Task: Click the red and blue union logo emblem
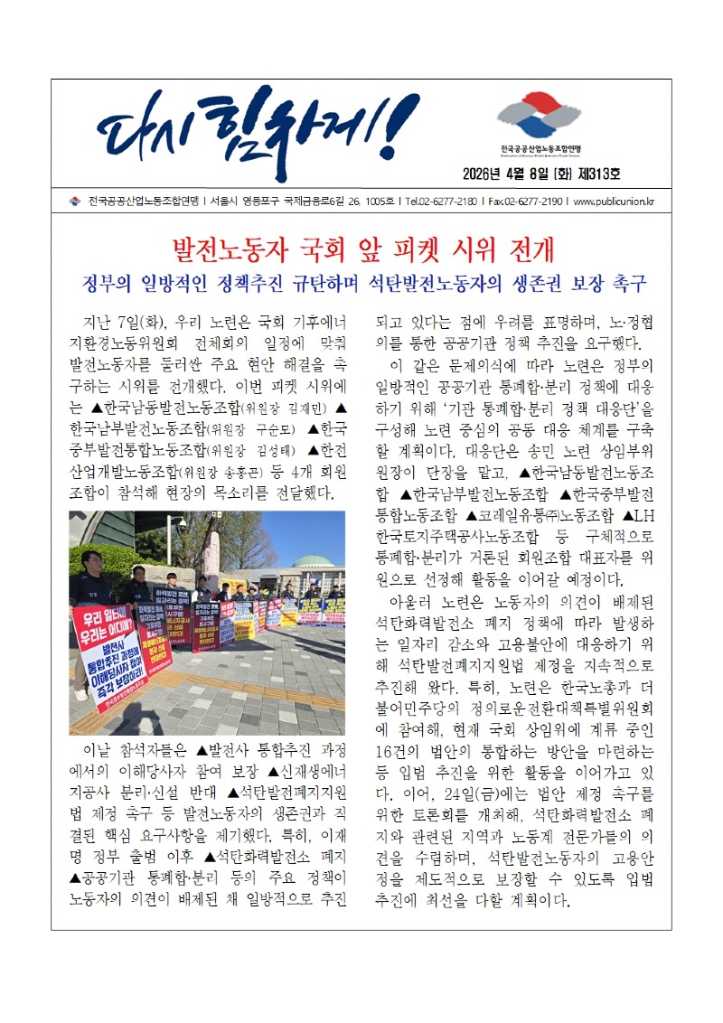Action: tap(540, 115)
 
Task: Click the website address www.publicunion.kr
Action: tap(615, 202)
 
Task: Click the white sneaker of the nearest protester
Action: tap(82, 694)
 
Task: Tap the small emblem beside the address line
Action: tap(75, 202)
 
